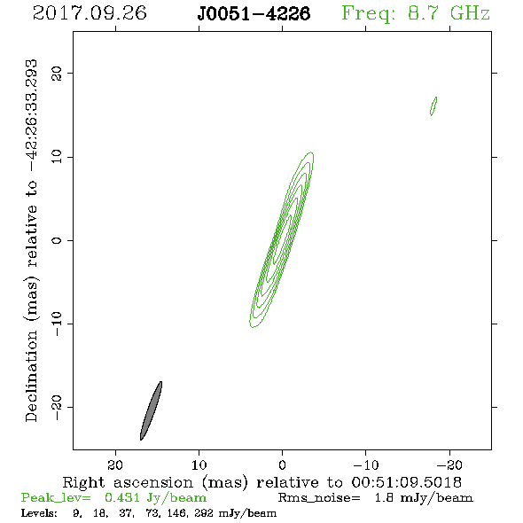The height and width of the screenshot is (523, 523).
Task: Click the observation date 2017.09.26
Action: pyautogui.click(x=90, y=13)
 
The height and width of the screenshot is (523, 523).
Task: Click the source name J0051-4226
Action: pyautogui.click(x=254, y=13)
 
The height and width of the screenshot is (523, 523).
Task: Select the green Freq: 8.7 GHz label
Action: pyautogui.click(x=416, y=13)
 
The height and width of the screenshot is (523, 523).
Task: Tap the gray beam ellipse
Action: pyautogui.click(x=151, y=410)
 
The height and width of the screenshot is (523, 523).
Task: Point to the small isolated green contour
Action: pyautogui.click(x=433, y=106)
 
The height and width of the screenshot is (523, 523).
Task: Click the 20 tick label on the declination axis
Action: pyautogui.click(x=57, y=73)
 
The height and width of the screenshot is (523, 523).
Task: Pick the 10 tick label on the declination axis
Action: pyautogui.click(x=57, y=157)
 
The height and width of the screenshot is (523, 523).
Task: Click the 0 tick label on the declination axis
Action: pyautogui.click(x=57, y=240)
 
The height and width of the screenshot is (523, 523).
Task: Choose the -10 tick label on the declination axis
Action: pyautogui.click(x=57, y=324)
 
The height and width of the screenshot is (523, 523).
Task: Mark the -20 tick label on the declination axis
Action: pyautogui.click(x=57, y=407)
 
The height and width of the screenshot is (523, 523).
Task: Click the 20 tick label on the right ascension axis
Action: pyautogui.click(x=115, y=465)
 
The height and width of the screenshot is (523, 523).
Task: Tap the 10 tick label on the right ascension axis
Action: pyautogui.click(x=199, y=465)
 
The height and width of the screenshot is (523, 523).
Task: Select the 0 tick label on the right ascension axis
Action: pyautogui.click(x=282, y=465)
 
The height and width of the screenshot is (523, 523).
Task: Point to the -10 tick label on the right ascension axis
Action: pyautogui.click(x=366, y=465)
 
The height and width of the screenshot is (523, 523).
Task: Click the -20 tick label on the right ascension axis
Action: pyautogui.click(x=449, y=465)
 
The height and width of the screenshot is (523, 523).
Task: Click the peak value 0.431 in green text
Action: pyautogui.click(x=122, y=497)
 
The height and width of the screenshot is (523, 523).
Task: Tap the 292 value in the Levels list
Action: pyautogui.click(x=204, y=512)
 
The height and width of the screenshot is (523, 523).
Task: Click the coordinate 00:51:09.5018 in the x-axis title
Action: pyautogui.click(x=406, y=482)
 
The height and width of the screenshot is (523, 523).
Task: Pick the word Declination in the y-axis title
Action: pyautogui.click(x=31, y=376)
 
